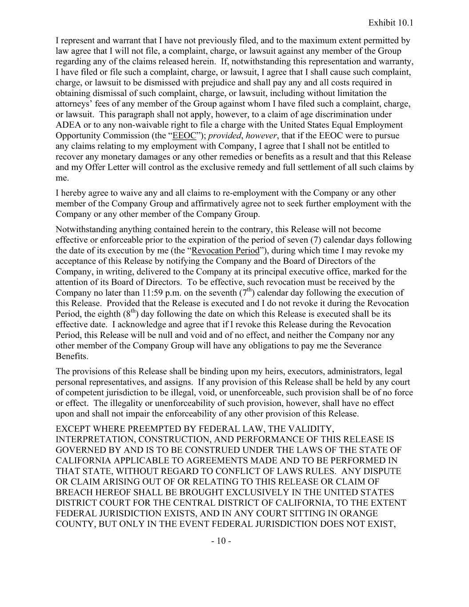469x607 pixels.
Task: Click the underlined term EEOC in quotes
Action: (184, 136)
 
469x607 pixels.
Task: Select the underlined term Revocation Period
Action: (225, 250)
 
